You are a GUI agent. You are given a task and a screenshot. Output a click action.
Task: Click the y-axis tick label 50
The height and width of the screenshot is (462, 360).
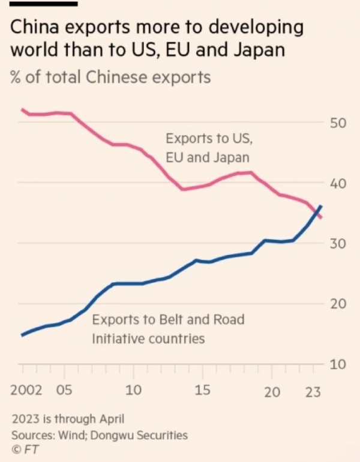coord(338,123)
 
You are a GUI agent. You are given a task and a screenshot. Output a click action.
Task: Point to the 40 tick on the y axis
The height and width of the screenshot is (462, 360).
coord(338,184)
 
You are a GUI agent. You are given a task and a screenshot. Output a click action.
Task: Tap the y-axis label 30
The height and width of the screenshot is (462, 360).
coord(338,244)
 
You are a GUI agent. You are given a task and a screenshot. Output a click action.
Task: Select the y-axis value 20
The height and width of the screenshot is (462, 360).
coord(338,304)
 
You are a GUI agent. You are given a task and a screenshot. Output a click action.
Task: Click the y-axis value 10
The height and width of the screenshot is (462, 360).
coord(338,365)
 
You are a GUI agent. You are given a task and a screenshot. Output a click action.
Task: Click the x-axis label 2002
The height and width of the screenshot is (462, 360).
coord(26,391)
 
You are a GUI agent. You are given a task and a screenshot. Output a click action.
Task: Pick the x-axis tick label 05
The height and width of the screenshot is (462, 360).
coord(64,391)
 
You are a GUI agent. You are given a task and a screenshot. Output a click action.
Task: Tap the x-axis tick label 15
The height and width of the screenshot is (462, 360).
coord(202,391)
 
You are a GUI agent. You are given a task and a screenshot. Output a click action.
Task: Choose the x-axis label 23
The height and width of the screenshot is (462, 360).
coord(313,392)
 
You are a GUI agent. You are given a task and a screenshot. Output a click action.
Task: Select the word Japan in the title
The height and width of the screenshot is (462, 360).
coord(259,50)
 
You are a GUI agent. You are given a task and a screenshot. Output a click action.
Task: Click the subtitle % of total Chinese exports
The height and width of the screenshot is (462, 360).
coord(110,77)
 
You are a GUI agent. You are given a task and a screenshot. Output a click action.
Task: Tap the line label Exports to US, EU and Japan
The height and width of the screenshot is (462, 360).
coord(209,148)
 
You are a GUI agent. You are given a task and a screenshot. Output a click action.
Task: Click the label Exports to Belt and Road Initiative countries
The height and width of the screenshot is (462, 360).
coord(168,329)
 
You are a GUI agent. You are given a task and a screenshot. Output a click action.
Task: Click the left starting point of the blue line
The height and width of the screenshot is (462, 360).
coord(22,335)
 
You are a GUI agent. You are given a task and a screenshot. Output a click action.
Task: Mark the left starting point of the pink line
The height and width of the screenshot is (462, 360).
coord(22,110)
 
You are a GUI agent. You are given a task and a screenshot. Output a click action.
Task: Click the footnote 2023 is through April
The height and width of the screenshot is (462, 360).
coord(68,419)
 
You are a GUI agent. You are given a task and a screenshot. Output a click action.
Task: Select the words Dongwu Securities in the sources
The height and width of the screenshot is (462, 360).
coord(139,435)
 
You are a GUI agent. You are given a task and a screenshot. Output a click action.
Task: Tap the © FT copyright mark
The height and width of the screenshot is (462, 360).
coord(25,449)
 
